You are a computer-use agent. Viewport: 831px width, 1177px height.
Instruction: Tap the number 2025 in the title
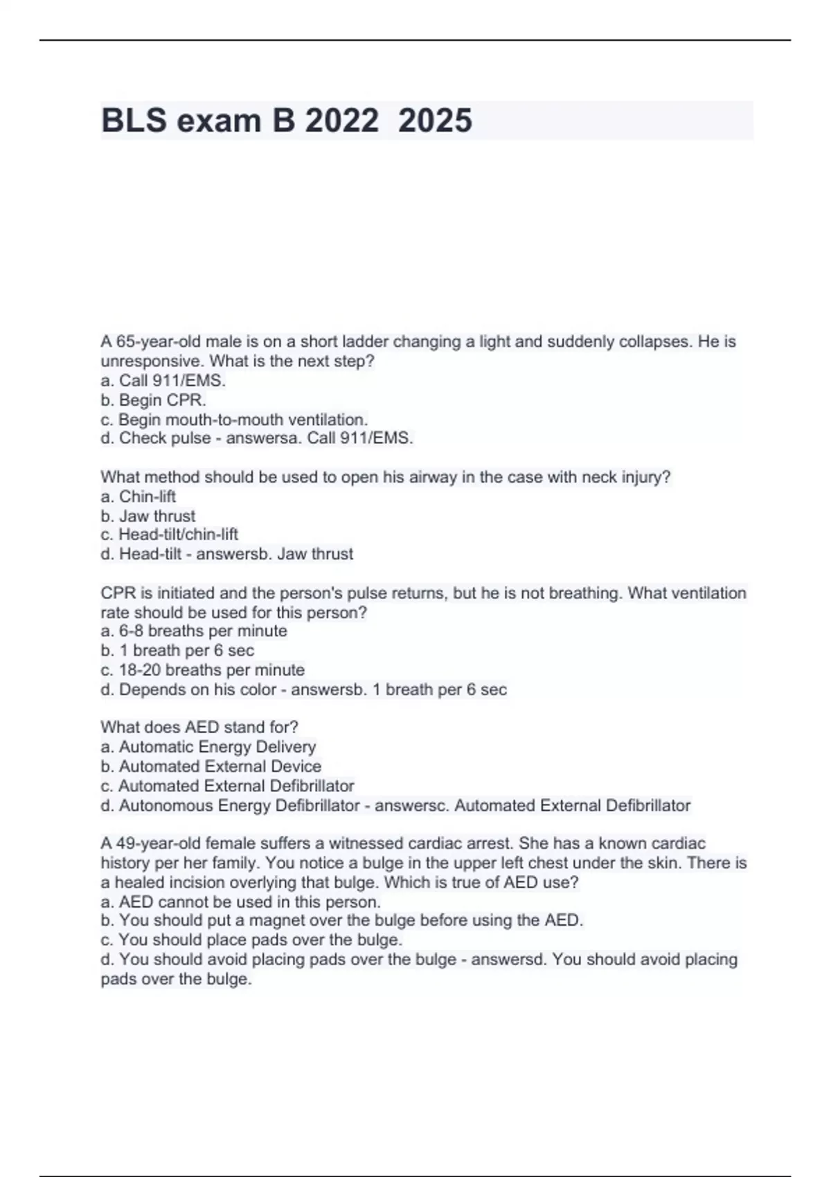[x=435, y=120]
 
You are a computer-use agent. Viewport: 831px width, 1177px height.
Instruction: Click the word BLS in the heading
[x=134, y=120]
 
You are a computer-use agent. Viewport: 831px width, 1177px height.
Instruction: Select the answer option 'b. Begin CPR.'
[x=153, y=400]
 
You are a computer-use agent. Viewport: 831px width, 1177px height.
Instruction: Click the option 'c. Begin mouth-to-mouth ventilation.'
[x=234, y=420]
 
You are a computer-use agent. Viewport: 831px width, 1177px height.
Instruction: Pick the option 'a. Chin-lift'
[x=138, y=496]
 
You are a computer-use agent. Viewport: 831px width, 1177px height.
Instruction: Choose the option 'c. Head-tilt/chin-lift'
[x=169, y=534]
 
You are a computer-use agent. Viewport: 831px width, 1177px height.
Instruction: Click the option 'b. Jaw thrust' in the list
[x=148, y=516]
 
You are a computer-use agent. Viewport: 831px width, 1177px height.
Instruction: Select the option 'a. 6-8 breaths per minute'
[x=193, y=631]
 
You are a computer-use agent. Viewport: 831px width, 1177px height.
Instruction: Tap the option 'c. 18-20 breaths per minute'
[x=202, y=670]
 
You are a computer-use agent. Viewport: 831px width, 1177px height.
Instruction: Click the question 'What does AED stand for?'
[x=199, y=727]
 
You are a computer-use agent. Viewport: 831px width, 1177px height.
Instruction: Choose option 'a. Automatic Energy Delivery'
[x=208, y=747]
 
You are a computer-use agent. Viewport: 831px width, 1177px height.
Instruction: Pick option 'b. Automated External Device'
[x=211, y=766]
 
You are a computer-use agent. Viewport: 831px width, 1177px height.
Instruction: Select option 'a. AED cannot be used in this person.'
[x=240, y=902]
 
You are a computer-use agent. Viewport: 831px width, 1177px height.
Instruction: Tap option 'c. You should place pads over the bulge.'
[x=251, y=940]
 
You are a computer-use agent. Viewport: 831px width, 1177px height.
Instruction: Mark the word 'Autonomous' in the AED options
[x=166, y=806]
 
